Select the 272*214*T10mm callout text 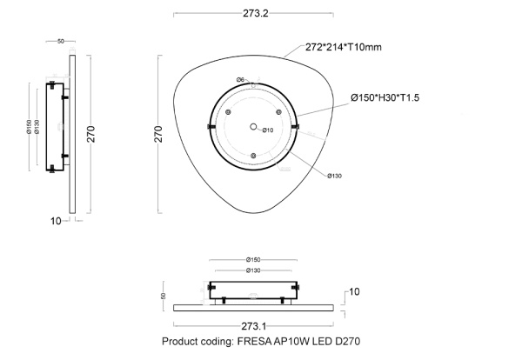click(344, 47)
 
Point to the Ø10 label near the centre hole click(269, 130)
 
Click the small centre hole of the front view click(254, 127)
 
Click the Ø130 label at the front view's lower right click(335, 176)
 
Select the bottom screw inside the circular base click(253, 156)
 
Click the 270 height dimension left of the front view click(159, 133)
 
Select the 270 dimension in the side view click(90, 132)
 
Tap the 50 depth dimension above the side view click(61, 41)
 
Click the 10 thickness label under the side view click(56, 221)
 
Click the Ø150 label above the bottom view click(253, 259)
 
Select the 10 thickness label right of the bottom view click(354, 291)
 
